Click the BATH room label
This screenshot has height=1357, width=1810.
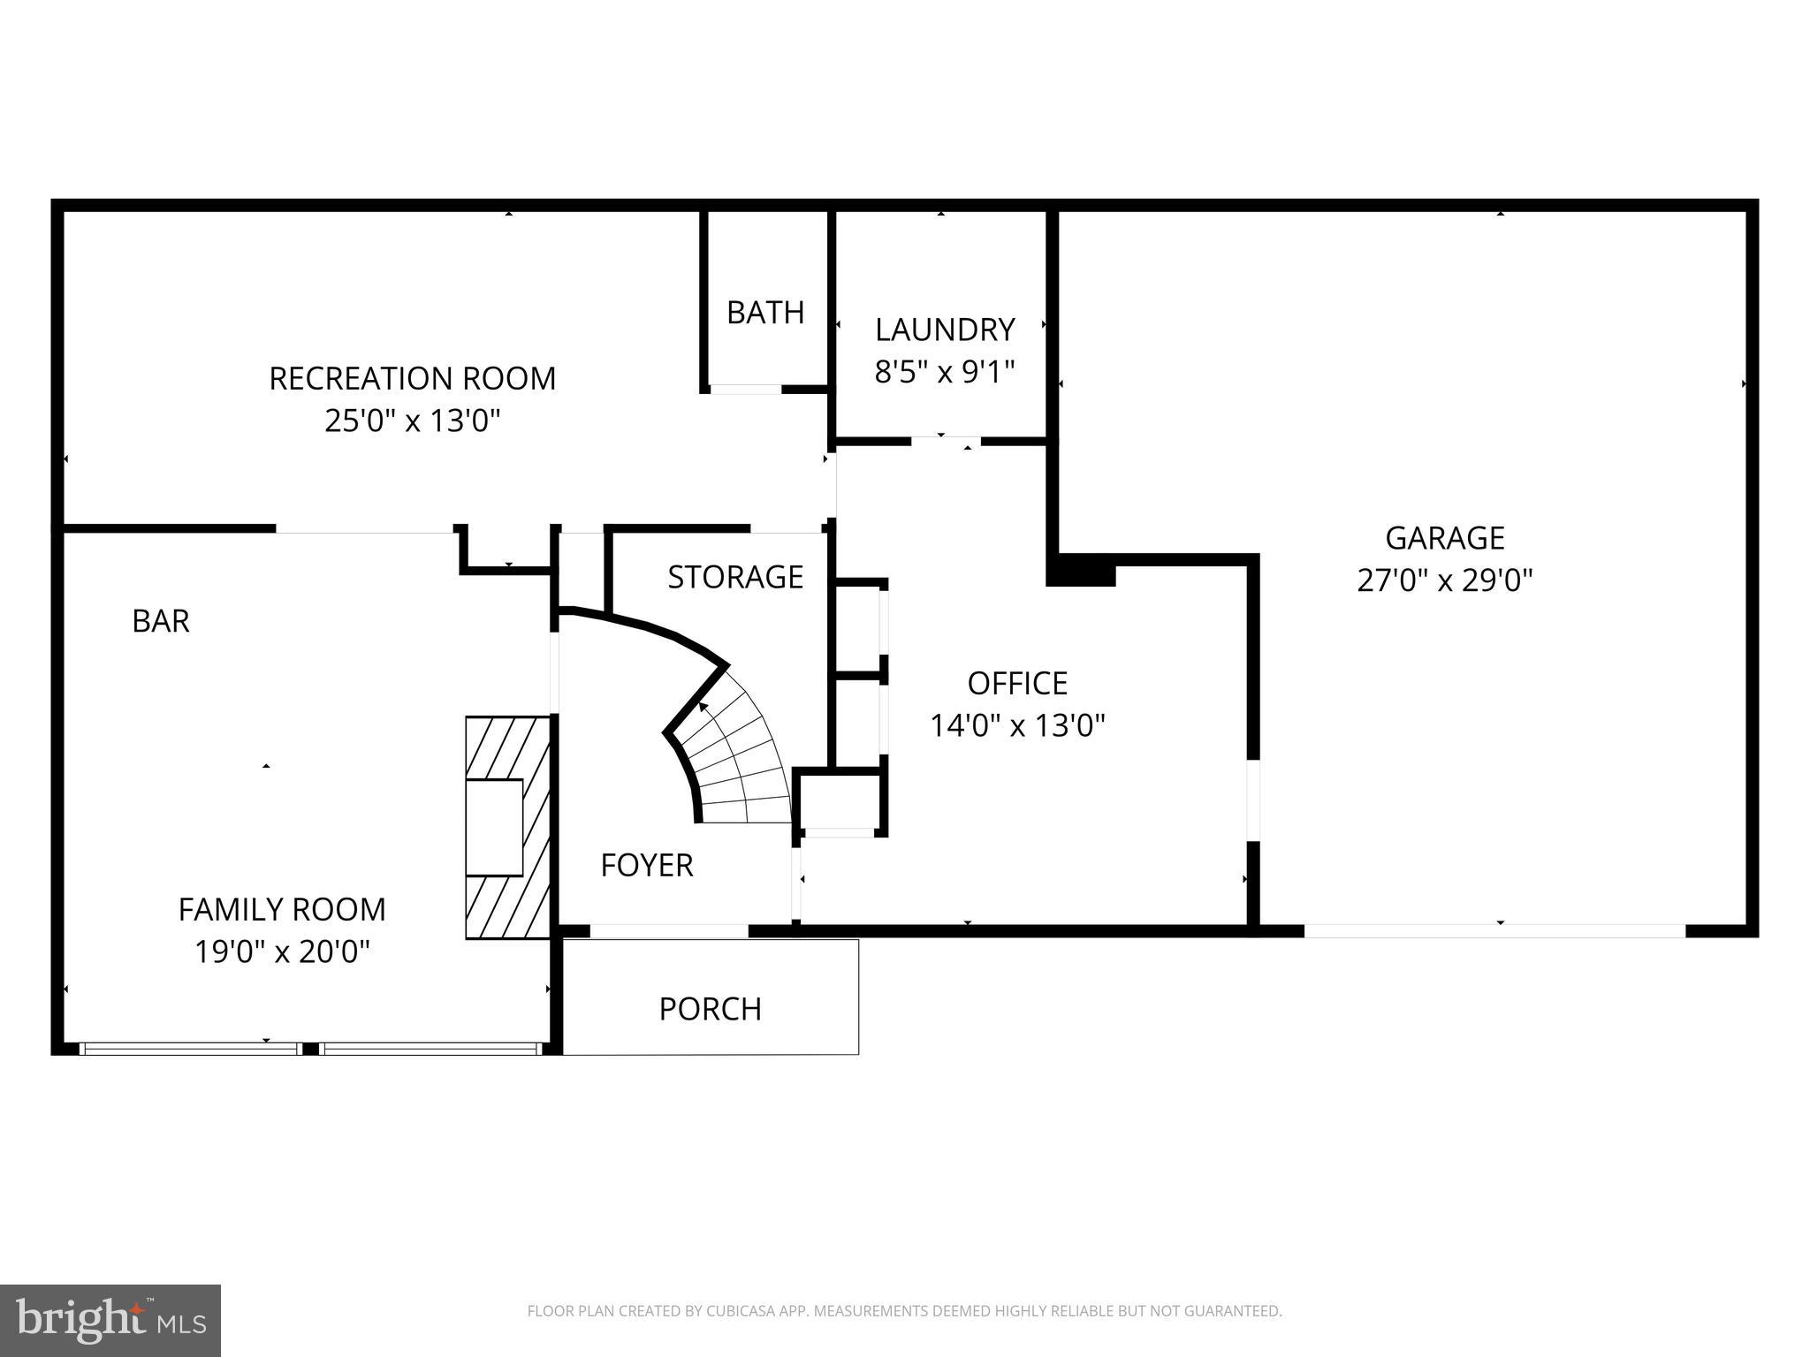765,313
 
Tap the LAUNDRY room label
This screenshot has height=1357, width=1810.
944,330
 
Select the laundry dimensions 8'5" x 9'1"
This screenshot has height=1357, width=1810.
944,372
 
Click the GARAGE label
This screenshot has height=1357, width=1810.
1444,538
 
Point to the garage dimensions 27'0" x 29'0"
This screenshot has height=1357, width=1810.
1444,580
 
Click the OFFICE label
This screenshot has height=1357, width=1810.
1017,683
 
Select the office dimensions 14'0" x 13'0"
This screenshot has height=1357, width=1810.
1017,726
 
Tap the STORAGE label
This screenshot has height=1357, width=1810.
735,577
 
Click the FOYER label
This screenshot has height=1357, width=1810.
647,865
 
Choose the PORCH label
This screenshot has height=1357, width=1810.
710,1009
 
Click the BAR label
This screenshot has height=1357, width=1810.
161,621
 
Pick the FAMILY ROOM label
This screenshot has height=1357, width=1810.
282,909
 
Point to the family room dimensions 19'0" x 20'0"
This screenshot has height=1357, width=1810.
282,951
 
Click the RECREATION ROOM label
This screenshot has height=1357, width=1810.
412,378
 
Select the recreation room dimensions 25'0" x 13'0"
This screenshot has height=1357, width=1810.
412,421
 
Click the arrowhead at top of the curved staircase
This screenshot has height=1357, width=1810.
703,707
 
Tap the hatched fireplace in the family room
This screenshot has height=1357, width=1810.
508,827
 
